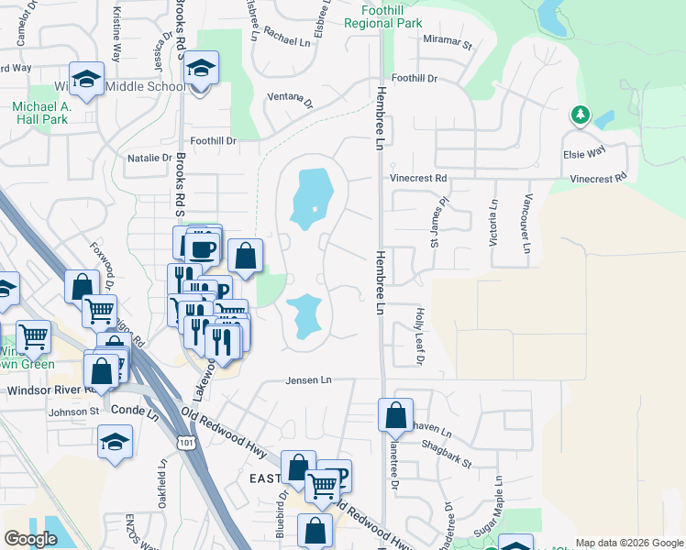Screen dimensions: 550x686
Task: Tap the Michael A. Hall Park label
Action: point(40,113)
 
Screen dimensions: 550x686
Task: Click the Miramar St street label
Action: point(447,41)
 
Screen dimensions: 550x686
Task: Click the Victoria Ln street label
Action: point(494,224)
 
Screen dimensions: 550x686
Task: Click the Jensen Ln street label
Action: point(307,379)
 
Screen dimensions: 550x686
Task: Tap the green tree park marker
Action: point(579,115)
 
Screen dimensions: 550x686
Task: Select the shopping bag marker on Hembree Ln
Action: point(395,414)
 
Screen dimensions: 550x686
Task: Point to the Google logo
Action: point(30,538)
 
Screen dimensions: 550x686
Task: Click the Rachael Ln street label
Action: point(288,41)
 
